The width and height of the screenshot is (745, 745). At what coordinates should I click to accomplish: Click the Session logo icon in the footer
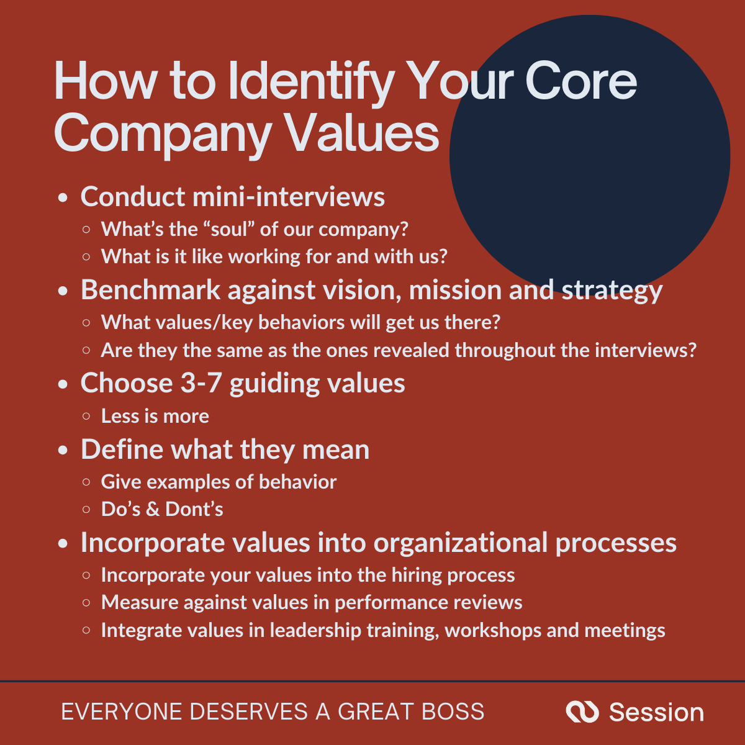pyautogui.click(x=582, y=711)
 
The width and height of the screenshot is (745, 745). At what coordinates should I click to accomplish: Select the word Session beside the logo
pyautogui.click(x=656, y=712)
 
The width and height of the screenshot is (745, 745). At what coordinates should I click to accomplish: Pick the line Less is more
pyautogui.click(x=155, y=416)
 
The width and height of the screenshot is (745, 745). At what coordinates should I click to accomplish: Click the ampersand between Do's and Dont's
pyautogui.click(x=152, y=510)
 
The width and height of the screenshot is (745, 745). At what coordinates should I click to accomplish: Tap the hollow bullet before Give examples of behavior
pyautogui.click(x=86, y=482)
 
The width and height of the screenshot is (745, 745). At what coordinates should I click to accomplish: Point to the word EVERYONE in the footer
pyautogui.click(x=122, y=711)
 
